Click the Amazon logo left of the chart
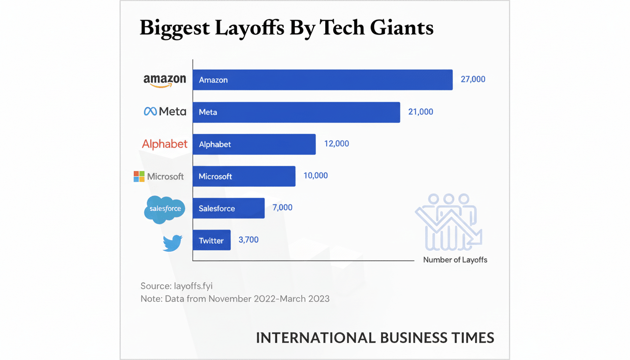165,80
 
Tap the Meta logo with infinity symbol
165,112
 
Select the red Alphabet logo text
165,144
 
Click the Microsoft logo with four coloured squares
158,177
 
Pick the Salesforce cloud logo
165,209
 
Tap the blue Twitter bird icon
172,243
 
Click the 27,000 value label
473,79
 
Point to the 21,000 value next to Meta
420,112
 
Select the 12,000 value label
336,144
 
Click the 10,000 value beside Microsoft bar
315,176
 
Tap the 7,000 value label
282,207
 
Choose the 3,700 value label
248,240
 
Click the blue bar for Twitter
211,240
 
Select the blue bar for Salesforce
229,208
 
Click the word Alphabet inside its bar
215,144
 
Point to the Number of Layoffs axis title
455,260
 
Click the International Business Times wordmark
375,338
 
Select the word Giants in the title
401,28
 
